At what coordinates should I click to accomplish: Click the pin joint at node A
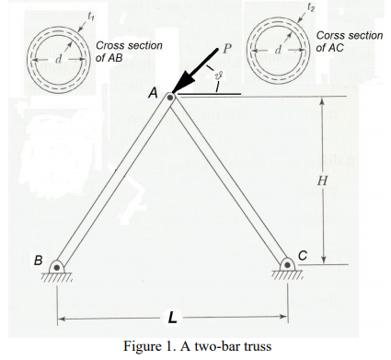coord(170,95)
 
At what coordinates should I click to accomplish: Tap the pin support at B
coord(57,268)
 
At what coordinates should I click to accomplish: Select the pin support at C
coord(284,268)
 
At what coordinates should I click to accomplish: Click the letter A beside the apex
coord(153,92)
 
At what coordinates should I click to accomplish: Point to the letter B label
coord(39,261)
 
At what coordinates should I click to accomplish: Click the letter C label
coord(303,254)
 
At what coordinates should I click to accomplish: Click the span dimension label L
coord(172,319)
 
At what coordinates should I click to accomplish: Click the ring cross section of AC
coord(276,48)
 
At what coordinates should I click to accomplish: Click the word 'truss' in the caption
coord(259,346)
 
